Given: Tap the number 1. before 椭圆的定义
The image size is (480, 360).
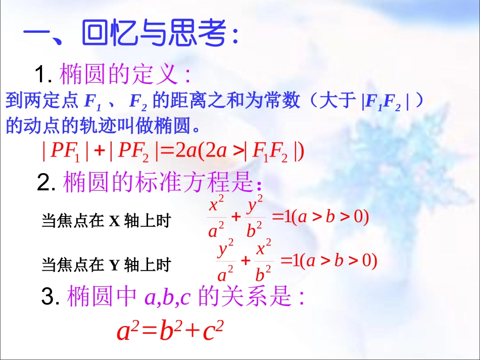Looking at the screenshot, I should tap(44, 76).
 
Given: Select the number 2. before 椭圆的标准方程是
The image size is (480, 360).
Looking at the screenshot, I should tap(48, 183).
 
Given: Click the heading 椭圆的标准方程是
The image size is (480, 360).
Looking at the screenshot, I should tap(157, 183).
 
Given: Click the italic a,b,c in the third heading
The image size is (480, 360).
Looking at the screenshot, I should tap(167, 298).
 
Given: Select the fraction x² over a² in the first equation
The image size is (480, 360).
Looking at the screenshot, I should tap(217, 218).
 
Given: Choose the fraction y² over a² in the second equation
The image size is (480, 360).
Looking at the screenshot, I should tap(225, 261).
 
